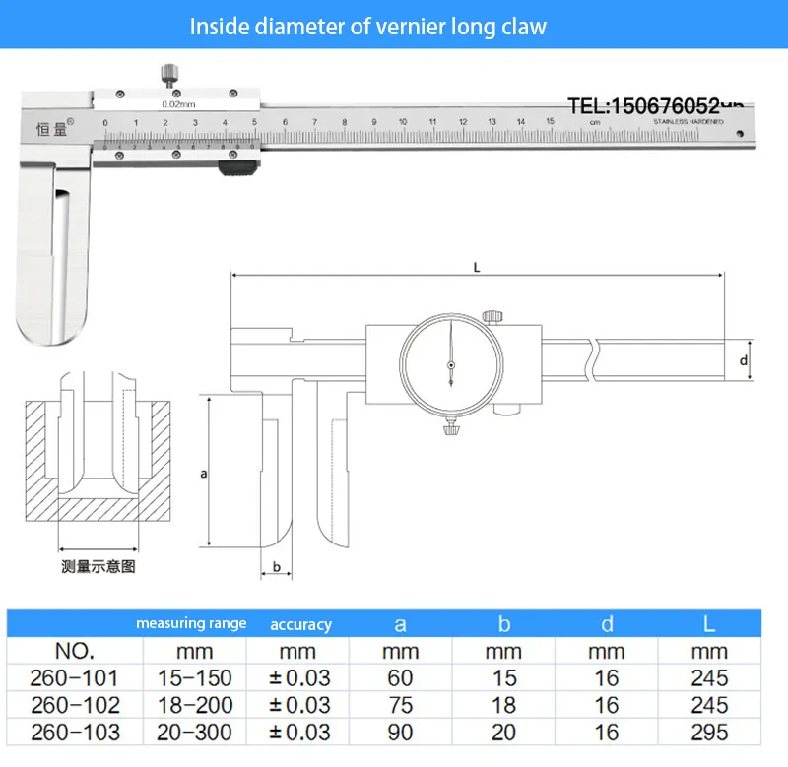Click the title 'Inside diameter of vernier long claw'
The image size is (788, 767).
click(x=367, y=26)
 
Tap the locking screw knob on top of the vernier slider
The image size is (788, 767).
click(x=167, y=74)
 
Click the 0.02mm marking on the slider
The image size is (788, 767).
click(x=176, y=102)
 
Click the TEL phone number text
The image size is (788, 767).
click(x=655, y=105)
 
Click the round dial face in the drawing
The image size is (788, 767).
click(x=449, y=366)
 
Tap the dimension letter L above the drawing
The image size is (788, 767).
click(x=477, y=267)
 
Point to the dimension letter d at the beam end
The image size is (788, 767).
click(x=744, y=361)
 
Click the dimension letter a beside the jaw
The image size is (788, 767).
click(x=203, y=474)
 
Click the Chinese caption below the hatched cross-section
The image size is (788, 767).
click(x=98, y=567)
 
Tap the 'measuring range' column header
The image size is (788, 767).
click(x=191, y=624)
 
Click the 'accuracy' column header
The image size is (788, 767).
click(x=300, y=624)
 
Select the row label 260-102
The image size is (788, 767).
click(x=75, y=705)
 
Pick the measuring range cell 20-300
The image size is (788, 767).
click(x=194, y=732)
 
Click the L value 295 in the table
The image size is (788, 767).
click(x=709, y=732)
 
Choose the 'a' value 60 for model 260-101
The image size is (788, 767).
click(x=400, y=678)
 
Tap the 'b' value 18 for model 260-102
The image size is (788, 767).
click(x=504, y=705)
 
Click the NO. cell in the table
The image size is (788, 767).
click(x=75, y=651)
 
